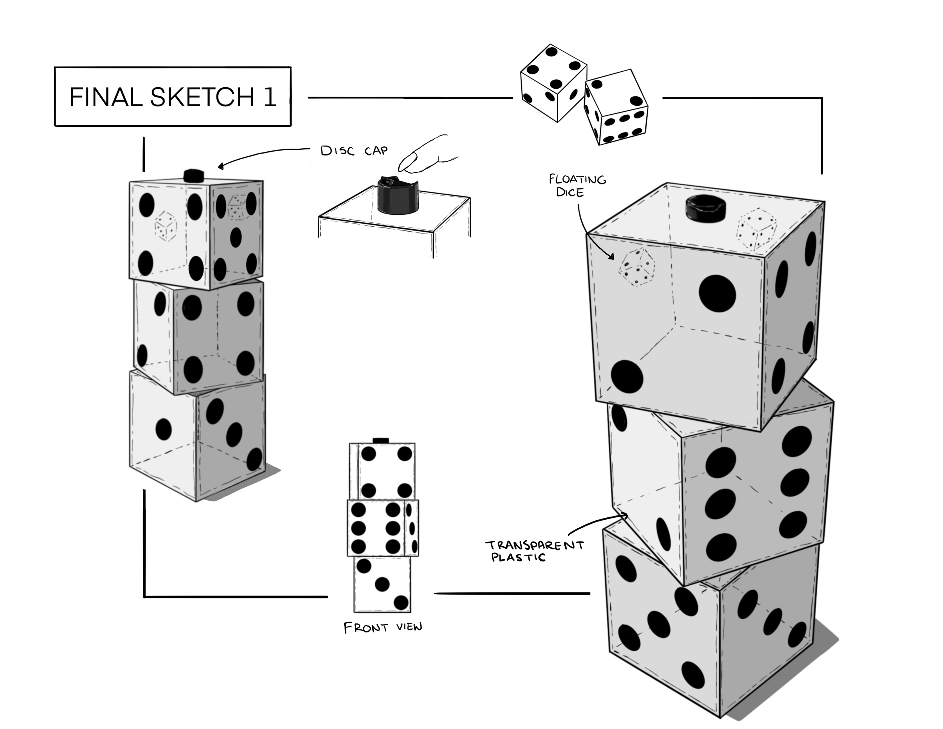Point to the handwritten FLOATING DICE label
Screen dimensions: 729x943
tap(577, 185)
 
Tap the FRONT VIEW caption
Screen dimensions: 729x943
tap(382, 627)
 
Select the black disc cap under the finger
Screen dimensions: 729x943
tap(398, 197)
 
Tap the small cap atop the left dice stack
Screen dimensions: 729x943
tap(194, 175)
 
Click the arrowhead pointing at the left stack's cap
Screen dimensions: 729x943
tap(221, 167)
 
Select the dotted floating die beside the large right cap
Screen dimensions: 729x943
tap(756, 230)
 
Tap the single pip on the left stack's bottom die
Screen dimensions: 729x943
tap(164, 429)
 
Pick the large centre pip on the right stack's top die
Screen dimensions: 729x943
tap(717, 293)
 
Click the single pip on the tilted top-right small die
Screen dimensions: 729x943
tap(636, 101)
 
